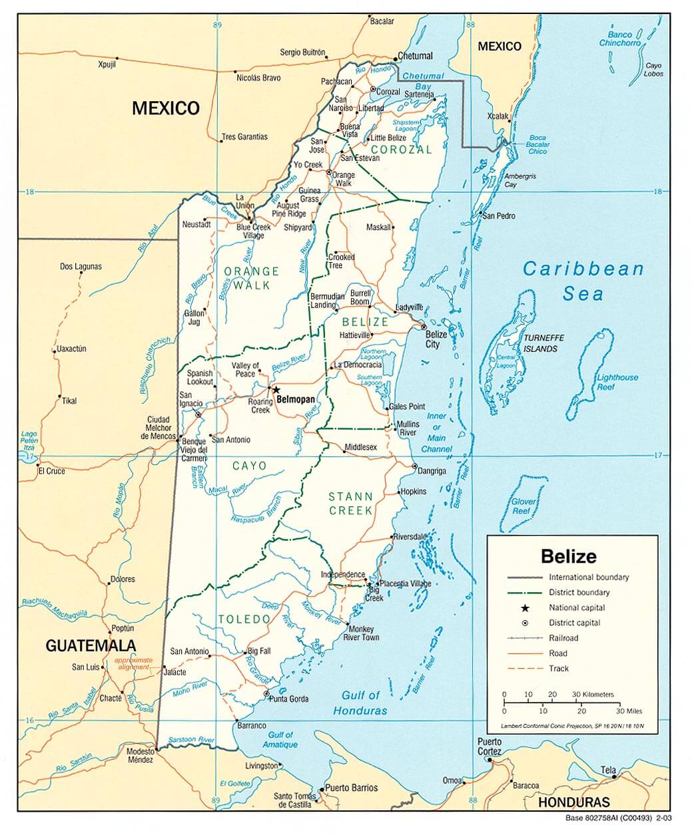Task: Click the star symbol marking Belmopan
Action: click(x=276, y=391)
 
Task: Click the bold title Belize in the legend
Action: click(x=568, y=556)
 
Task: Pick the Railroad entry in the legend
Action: click(x=563, y=638)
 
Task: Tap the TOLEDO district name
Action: click(x=244, y=619)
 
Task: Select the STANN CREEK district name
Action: click(x=350, y=504)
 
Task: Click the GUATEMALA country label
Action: click(x=91, y=645)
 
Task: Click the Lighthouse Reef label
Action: click(x=617, y=381)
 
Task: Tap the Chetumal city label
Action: click(x=415, y=56)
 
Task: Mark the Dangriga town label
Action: click(x=432, y=470)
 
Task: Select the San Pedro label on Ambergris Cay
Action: click(x=499, y=216)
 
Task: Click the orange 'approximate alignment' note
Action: click(x=134, y=663)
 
